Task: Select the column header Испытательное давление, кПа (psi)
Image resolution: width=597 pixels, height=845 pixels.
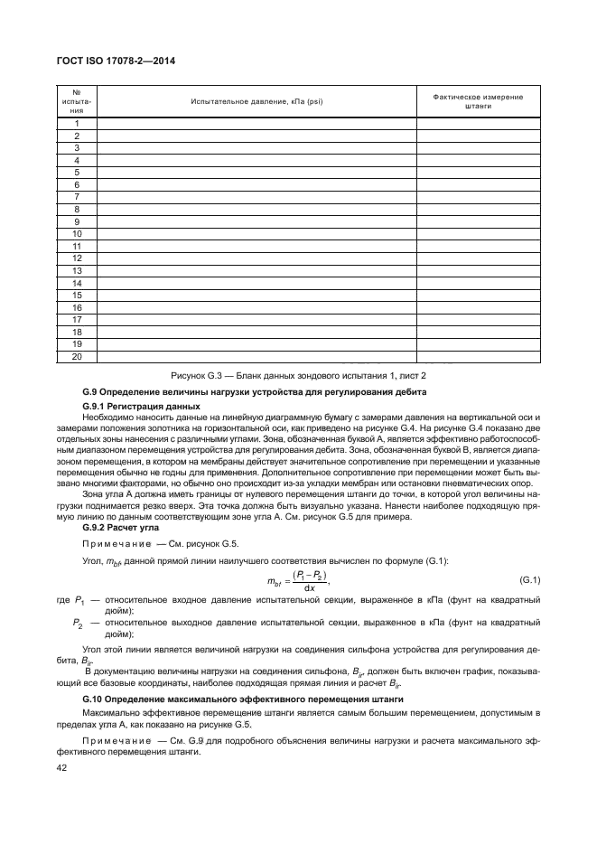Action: (x=256, y=101)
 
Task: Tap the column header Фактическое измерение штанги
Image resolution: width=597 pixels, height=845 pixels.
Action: (x=478, y=101)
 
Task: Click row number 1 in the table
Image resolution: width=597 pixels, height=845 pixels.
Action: (x=77, y=123)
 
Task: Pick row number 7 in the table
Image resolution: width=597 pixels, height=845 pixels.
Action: (x=77, y=196)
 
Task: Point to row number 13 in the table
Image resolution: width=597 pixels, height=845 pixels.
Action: (x=77, y=270)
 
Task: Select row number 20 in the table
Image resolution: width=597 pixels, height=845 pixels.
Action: (x=77, y=356)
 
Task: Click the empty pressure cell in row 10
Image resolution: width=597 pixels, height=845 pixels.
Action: (x=256, y=233)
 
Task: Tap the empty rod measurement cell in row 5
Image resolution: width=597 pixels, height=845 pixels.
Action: (x=478, y=172)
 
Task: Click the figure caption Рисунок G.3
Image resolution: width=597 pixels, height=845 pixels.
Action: (x=298, y=375)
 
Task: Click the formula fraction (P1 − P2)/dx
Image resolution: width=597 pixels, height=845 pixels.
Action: (x=309, y=580)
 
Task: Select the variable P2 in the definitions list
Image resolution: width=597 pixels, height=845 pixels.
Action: (x=79, y=623)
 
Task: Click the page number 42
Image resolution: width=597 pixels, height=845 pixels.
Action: (x=62, y=768)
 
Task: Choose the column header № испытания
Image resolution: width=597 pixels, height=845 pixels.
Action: (x=77, y=101)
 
